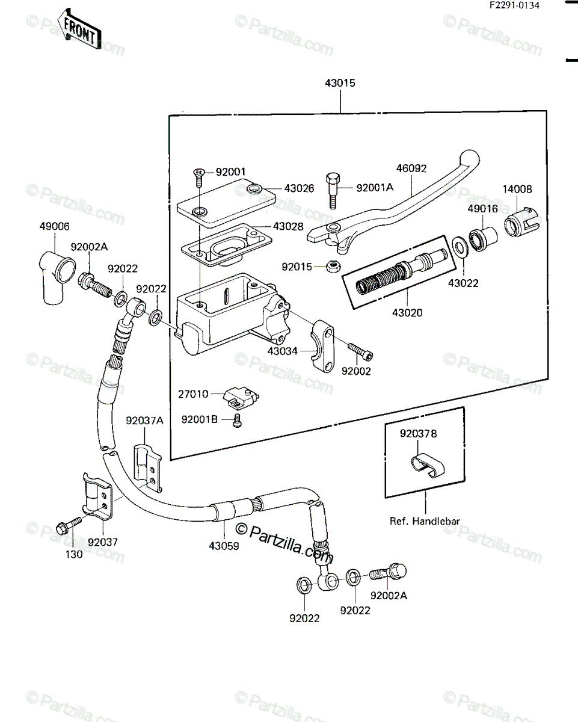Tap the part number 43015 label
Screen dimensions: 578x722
tap(340, 83)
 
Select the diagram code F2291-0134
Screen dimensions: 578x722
tap(514, 5)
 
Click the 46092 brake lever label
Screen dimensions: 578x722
tap(411, 168)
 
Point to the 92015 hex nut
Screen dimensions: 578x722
tap(333, 267)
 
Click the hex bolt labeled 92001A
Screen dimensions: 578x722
tap(333, 191)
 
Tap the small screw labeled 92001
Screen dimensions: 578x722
tap(198, 178)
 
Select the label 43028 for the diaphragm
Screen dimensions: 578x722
tap(288, 226)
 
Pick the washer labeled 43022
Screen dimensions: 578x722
tap(461, 248)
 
